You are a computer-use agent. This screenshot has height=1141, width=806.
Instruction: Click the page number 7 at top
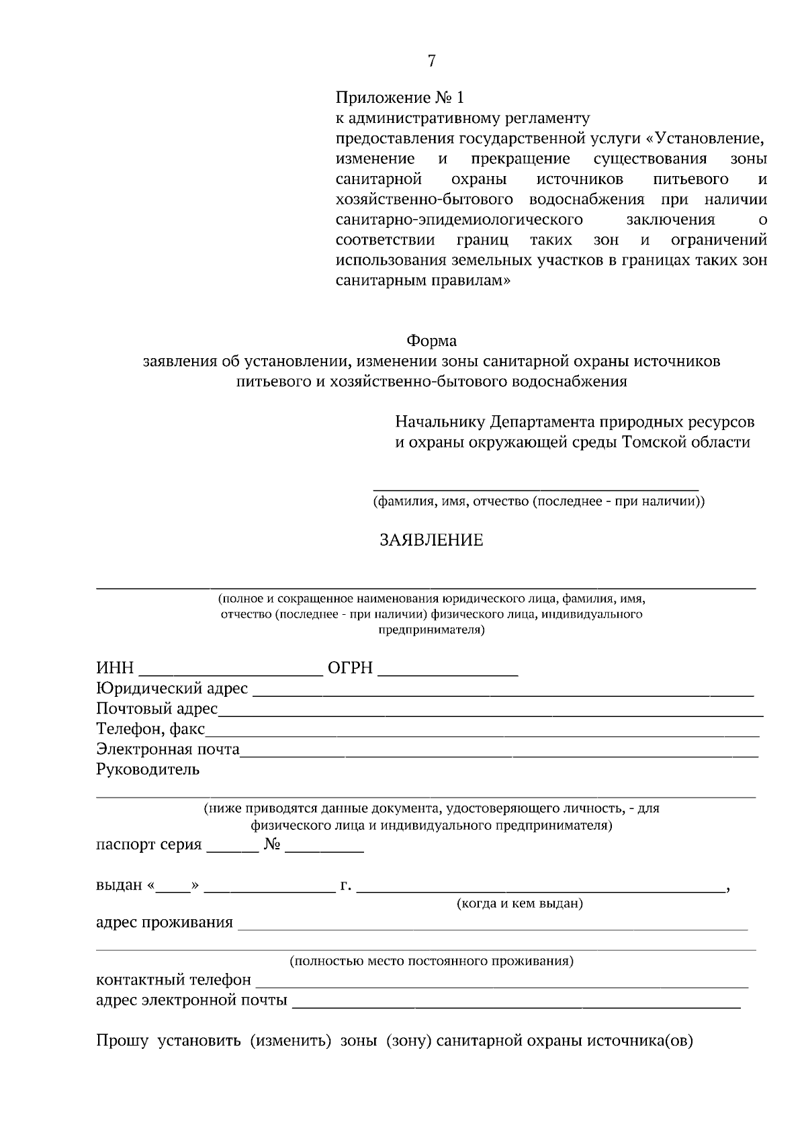[x=431, y=61]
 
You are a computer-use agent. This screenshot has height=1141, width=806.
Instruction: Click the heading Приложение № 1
[x=400, y=98]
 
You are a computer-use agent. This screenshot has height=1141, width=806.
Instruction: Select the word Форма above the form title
[x=431, y=341]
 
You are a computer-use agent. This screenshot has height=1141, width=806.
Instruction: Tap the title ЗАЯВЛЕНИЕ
[x=431, y=540]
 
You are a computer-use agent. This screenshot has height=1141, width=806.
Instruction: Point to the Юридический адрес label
[x=172, y=689]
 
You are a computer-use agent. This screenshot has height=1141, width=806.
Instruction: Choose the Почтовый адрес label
[x=156, y=709]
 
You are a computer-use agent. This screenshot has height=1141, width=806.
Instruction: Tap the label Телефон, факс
[x=150, y=729]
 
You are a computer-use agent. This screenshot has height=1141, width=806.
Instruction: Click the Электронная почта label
[x=168, y=749]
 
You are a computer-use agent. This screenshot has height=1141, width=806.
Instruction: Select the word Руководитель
[x=148, y=769]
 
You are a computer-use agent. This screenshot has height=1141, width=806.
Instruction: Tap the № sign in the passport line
[x=272, y=845]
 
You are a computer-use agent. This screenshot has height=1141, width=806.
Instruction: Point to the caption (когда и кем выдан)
[x=519, y=904]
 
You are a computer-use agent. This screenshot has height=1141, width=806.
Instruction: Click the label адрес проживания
[x=165, y=923]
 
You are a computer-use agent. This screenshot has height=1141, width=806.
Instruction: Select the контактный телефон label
[x=173, y=980]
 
